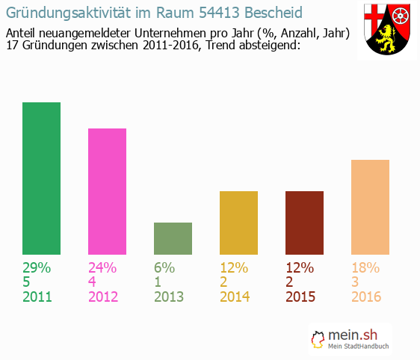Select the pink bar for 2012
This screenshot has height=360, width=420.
[x=107, y=191]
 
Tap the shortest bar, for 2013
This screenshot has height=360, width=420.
[x=173, y=238]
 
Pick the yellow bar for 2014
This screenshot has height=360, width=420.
[x=238, y=223]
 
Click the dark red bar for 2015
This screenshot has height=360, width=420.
[x=304, y=223]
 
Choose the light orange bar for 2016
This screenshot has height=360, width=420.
[x=370, y=207]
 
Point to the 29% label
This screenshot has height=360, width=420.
[x=37, y=267]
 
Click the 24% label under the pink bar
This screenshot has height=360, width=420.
[x=102, y=267]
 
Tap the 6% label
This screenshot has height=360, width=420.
[x=164, y=267]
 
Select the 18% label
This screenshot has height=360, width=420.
[x=365, y=267]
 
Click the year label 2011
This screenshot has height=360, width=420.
[x=37, y=297]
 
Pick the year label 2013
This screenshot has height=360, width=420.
[x=169, y=297]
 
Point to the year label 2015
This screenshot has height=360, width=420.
[x=300, y=297]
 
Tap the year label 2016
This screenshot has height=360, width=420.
[x=366, y=297]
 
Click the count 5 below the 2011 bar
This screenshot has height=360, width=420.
[x=27, y=282]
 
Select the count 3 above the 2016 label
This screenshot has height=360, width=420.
[x=356, y=282]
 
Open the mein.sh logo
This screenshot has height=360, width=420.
[x=352, y=340]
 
